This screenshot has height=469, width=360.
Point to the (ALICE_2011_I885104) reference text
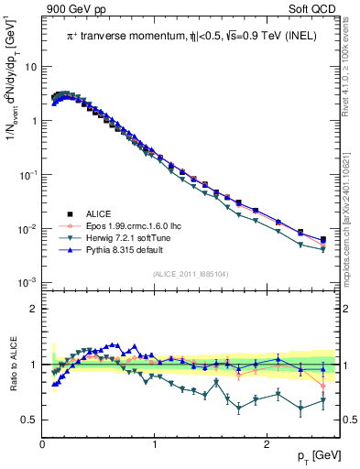click(x=191, y=274)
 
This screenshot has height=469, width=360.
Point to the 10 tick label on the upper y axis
click(x=31, y=68)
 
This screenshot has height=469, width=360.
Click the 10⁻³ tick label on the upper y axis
click(x=29, y=282)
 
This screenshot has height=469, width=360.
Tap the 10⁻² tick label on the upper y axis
click(x=29, y=229)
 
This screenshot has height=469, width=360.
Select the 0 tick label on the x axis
click(x=42, y=442)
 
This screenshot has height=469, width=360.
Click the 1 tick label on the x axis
click(x=154, y=442)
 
